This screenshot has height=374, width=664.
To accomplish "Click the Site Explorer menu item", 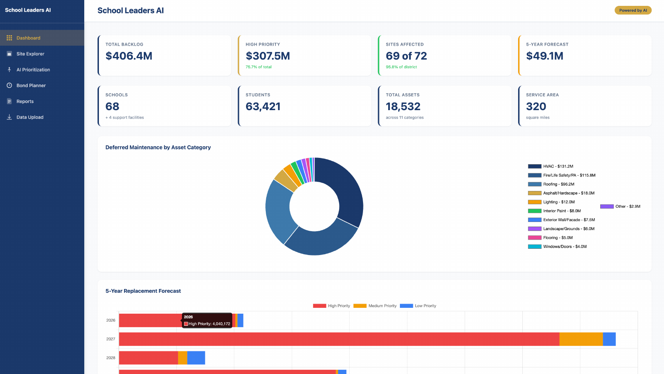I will pyautogui.click(x=30, y=54).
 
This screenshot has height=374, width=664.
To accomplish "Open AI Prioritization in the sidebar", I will pyautogui.click(x=33, y=70).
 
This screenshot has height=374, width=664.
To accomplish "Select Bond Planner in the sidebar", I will pyautogui.click(x=31, y=85).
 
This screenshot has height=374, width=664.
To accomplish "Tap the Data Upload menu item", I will pyautogui.click(x=30, y=117).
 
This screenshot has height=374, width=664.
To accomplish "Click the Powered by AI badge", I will pyautogui.click(x=633, y=10).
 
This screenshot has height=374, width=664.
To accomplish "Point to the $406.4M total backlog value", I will pyautogui.click(x=129, y=56).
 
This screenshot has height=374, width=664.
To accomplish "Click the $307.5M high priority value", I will pyautogui.click(x=267, y=56).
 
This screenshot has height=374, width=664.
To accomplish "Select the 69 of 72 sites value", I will pyautogui.click(x=406, y=56).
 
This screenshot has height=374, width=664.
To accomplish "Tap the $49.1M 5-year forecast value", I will pyautogui.click(x=545, y=56).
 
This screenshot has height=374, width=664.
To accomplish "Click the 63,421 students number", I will pyautogui.click(x=263, y=107).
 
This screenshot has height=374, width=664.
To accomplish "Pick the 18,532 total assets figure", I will pyautogui.click(x=403, y=107).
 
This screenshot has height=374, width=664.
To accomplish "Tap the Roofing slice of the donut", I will pyautogui.click(x=279, y=209).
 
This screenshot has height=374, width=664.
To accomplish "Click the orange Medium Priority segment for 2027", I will pyautogui.click(x=581, y=339).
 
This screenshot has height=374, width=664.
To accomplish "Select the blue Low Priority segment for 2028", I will pyautogui.click(x=196, y=358).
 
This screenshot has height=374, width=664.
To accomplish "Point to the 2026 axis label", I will pyautogui.click(x=111, y=320).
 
